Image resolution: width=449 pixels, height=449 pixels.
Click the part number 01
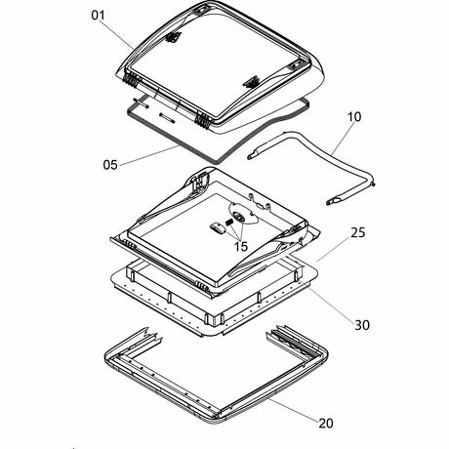[98, 15]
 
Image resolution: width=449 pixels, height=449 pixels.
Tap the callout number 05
[110, 165]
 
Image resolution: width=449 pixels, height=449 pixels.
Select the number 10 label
[354, 117]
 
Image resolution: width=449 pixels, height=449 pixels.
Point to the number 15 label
[241, 246]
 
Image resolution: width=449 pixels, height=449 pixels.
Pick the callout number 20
[326, 423]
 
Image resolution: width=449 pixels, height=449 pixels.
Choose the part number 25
[358, 232]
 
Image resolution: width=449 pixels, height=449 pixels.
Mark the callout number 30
[362, 325]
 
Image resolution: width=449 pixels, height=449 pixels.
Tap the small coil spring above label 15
[229, 222]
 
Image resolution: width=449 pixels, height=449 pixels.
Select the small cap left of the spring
[218, 228]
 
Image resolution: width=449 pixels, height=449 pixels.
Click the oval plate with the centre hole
[244, 213]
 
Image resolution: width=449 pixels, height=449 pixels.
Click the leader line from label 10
[342, 139]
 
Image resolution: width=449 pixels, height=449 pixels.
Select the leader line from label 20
[294, 409]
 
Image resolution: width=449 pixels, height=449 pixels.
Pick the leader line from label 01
[118, 35]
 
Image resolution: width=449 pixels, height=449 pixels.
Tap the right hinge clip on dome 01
[203, 121]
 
